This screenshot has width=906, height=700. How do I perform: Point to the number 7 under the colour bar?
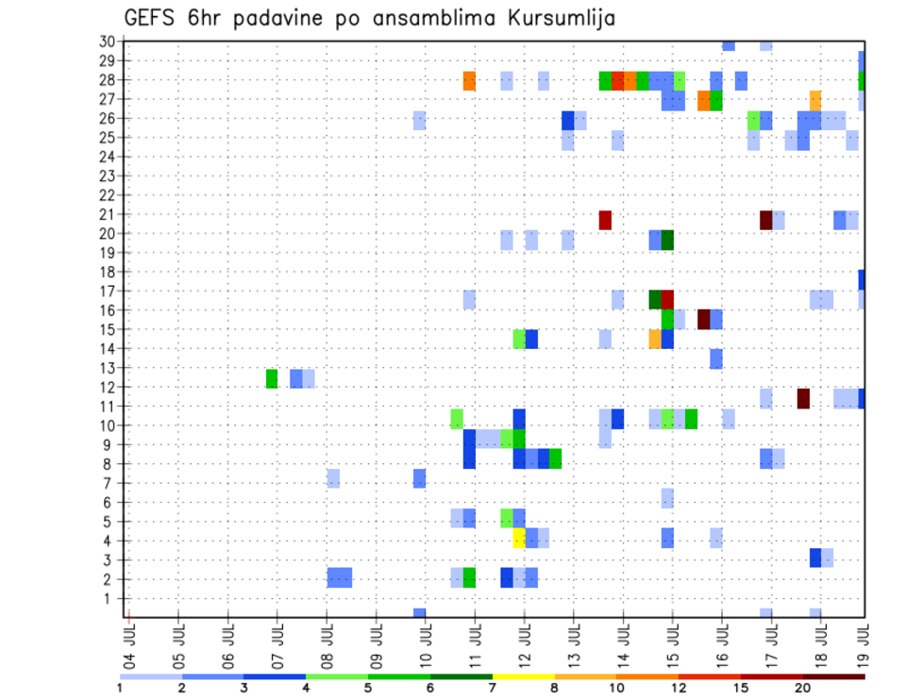[492, 687]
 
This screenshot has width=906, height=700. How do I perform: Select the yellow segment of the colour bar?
[523, 675]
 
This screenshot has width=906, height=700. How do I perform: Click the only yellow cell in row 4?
[519, 538]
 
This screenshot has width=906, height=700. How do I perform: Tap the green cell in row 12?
[272, 378]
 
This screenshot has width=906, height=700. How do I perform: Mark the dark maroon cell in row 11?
[803, 398]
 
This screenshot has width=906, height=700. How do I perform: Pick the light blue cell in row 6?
[667, 498]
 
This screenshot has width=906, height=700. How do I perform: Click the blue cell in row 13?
[716, 358]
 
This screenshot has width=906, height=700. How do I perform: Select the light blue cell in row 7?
[333, 478]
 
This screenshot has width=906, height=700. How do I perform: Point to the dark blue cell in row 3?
[815, 558]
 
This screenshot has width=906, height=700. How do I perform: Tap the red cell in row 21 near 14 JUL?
[605, 220]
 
